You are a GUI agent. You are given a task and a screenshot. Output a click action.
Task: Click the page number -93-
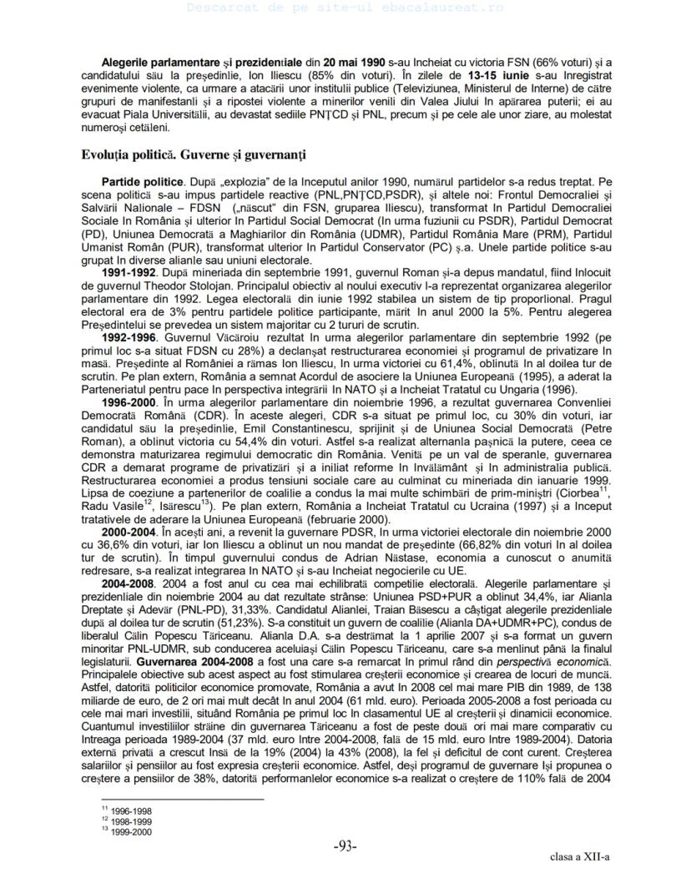[x=345, y=848]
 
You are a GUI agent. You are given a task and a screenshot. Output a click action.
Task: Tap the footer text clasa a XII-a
[x=579, y=858]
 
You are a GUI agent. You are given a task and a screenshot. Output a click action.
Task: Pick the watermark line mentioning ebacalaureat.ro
[x=345, y=8]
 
